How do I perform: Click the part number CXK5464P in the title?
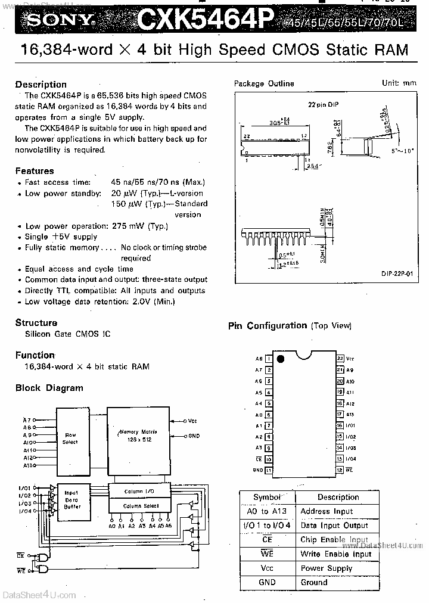[206, 20]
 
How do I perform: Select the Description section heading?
[41, 84]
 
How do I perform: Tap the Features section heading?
[35, 171]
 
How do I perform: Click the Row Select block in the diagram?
[70, 438]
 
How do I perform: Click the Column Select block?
[141, 506]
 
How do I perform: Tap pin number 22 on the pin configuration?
[340, 359]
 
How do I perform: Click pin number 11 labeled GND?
[269, 470]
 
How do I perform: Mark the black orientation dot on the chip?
[281, 359]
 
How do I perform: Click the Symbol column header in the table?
[266, 497]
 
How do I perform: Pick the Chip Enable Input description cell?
[334, 539]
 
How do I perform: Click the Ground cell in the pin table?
[314, 582]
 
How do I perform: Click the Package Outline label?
[263, 83]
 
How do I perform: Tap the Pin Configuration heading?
[268, 325]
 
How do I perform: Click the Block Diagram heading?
[49, 388]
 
